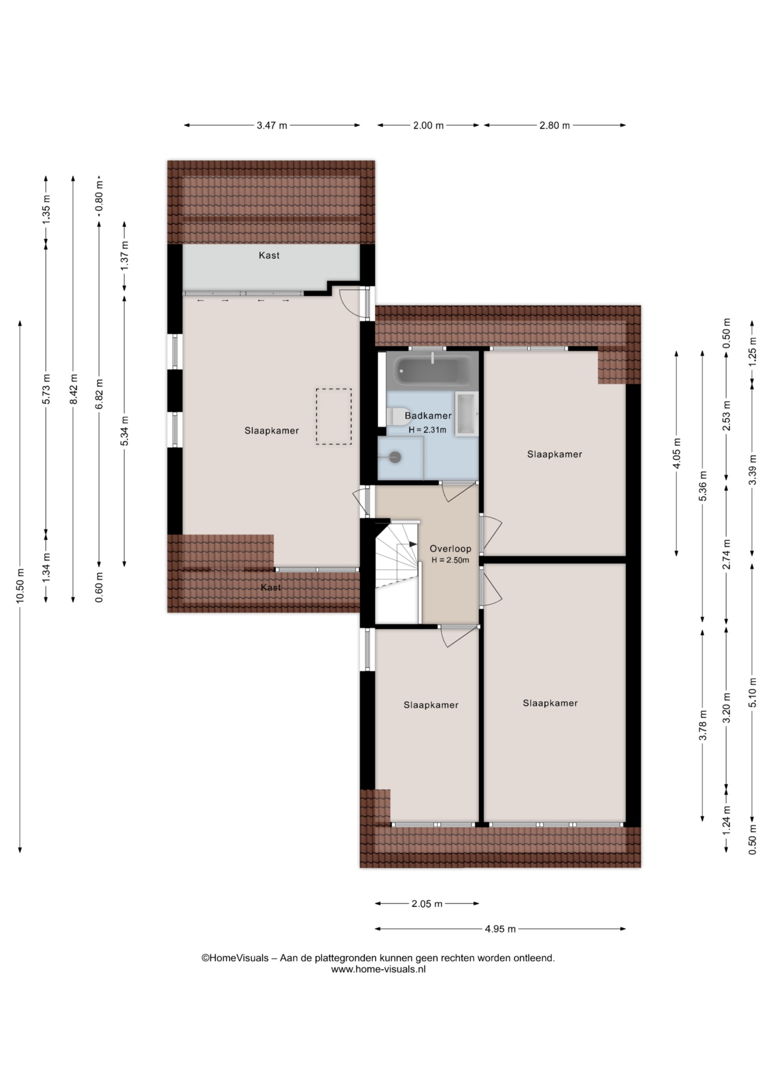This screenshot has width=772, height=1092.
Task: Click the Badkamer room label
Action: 428,416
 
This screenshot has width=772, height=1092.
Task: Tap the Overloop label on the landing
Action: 450,549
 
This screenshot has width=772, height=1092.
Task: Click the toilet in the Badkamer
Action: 399,416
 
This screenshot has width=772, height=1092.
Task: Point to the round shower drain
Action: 395,457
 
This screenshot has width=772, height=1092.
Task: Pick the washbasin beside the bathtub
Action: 467,413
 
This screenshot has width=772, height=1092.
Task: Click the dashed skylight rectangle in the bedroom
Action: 334,416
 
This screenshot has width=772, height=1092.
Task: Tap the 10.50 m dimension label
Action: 20,586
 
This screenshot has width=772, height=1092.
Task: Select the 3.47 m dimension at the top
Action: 272,126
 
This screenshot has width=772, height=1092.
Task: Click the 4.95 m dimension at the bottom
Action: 500,929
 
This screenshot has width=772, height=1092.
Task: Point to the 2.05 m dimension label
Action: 427,903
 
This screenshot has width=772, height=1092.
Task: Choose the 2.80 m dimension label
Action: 554,126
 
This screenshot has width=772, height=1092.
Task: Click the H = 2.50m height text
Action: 450,560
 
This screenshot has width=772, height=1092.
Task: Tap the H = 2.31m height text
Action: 427,430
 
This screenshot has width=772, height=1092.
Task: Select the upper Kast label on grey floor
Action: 269,255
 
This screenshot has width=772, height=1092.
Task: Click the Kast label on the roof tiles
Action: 271,588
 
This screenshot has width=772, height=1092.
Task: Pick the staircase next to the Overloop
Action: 397,572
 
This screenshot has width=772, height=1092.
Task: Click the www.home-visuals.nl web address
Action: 379,969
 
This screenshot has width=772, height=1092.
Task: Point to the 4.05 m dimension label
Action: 676,453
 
